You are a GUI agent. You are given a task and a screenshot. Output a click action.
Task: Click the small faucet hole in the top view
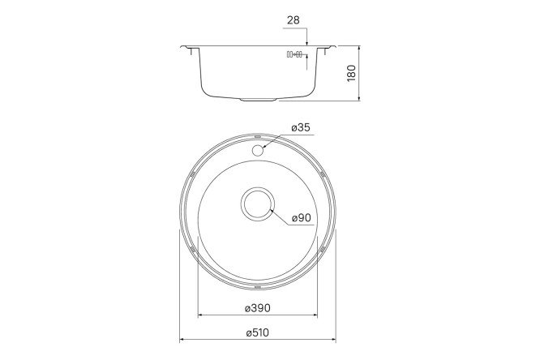coord(259,151)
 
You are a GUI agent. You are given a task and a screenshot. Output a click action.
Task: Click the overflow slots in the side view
coord(293,55)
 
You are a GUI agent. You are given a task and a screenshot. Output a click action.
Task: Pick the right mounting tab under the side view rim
coord(326,54)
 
